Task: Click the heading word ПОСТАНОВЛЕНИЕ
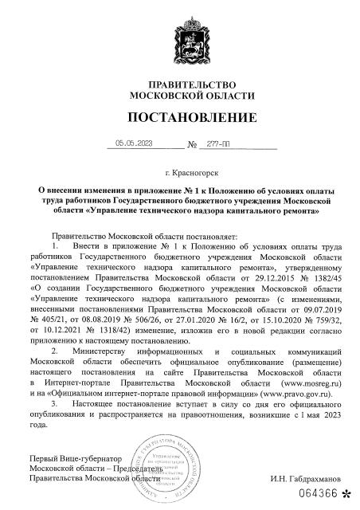tap(179, 120)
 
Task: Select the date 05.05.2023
tap(133, 144)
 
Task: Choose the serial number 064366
tap(316, 492)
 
